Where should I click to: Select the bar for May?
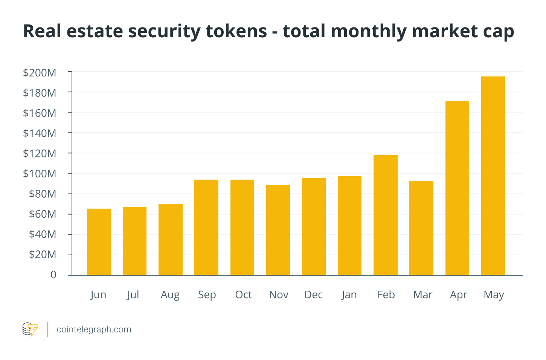point(493,176)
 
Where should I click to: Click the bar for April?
point(457,188)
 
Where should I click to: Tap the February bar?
point(385,215)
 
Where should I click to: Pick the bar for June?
point(99,242)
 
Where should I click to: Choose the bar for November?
point(278,230)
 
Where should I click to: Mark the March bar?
point(421,228)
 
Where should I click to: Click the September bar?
point(206,227)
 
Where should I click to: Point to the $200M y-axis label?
point(40,73)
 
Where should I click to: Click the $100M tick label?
point(40,174)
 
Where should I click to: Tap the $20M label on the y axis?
point(43,255)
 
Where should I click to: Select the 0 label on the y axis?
point(53,275)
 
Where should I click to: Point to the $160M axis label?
point(40,113)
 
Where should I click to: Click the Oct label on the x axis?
point(243,294)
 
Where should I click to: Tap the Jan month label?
point(349,294)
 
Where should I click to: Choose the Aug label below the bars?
point(170,294)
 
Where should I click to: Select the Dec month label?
point(314,294)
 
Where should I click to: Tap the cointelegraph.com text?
point(94,329)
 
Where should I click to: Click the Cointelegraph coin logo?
point(30,329)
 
